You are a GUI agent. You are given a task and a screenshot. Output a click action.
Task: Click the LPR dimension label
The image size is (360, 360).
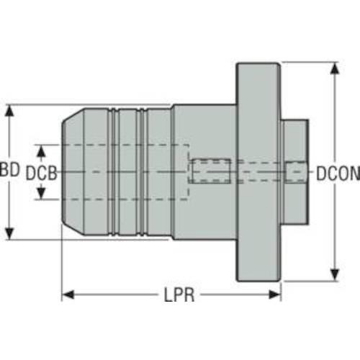[x=179, y=294]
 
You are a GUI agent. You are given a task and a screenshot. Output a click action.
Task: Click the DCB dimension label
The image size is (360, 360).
[x=41, y=173]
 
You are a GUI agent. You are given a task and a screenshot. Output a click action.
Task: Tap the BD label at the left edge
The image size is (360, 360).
[x=9, y=169]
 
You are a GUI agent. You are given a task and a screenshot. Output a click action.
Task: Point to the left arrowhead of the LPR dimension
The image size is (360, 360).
[x=68, y=294]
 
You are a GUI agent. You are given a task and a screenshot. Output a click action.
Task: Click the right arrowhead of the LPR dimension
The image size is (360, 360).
[x=275, y=294]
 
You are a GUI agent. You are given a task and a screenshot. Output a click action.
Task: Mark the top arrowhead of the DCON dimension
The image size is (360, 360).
[x=335, y=68]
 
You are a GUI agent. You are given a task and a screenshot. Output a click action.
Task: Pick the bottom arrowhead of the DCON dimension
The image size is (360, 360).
[x=335, y=275]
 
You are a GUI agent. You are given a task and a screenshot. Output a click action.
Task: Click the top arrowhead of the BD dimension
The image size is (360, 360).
[x=9, y=111]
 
